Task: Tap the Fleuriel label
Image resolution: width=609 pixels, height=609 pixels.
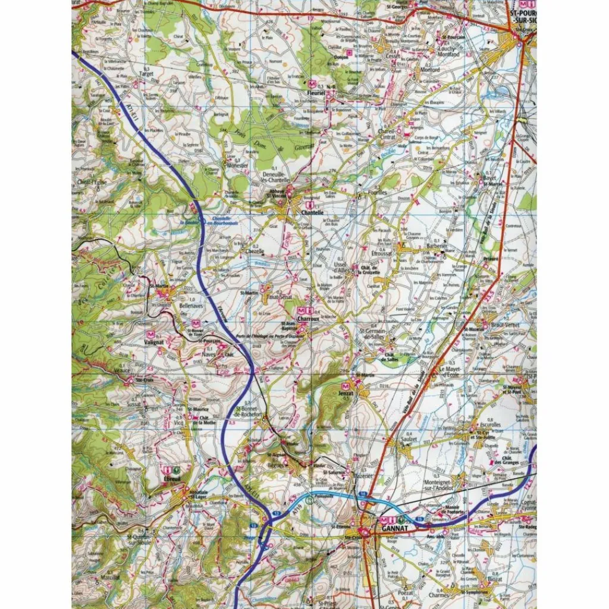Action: coord(314,93)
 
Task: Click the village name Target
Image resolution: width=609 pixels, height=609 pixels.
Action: coord(146,74)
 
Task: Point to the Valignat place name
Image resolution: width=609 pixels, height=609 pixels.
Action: coord(154,343)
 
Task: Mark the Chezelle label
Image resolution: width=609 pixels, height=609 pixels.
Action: coord(255,252)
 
